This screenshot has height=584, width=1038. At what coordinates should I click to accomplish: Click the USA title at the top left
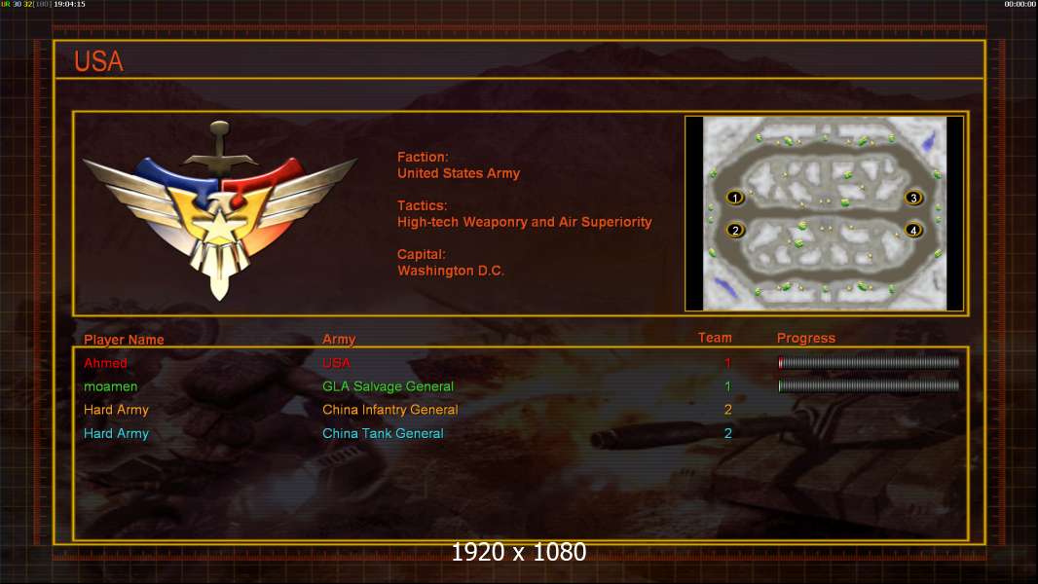pyautogui.click(x=98, y=61)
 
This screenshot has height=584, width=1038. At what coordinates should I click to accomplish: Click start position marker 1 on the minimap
pyautogui.click(x=735, y=198)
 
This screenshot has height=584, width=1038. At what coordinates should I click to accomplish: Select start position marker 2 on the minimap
pyautogui.click(x=735, y=230)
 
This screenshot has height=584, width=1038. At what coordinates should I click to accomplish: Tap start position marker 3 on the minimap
pyautogui.click(x=913, y=198)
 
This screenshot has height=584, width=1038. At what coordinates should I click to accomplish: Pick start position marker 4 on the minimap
pyautogui.click(x=913, y=230)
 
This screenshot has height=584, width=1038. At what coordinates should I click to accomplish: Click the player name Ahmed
pyautogui.click(x=105, y=362)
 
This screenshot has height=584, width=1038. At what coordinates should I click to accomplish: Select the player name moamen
pyautogui.click(x=111, y=386)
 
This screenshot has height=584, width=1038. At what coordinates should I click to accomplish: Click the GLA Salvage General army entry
pyautogui.click(x=388, y=386)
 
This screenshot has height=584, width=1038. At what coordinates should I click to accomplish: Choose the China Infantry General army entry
pyautogui.click(x=389, y=410)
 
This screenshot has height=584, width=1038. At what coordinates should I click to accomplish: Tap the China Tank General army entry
pyautogui.click(x=383, y=433)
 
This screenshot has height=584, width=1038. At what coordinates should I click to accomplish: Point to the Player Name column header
pyautogui.click(x=124, y=340)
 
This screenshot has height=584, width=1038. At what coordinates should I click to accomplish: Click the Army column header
pyautogui.click(x=339, y=340)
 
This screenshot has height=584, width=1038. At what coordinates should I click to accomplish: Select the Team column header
pyautogui.click(x=715, y=338)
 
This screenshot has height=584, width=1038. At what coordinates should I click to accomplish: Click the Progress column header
pyautogui.click(x=805, y=338)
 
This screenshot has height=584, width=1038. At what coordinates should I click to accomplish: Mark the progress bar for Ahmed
pyautogui.click(x=869, y=362)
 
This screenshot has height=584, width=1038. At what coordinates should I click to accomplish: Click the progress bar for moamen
pyautogui.click(x=869, y=385)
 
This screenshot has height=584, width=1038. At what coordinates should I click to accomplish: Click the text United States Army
pyautogui.click(x=458, y=173)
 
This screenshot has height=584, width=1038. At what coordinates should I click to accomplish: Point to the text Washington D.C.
pyautogui.click(x=450, y=271)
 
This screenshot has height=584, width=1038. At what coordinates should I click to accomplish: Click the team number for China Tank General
pyautogui.click(x=727, y=433)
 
